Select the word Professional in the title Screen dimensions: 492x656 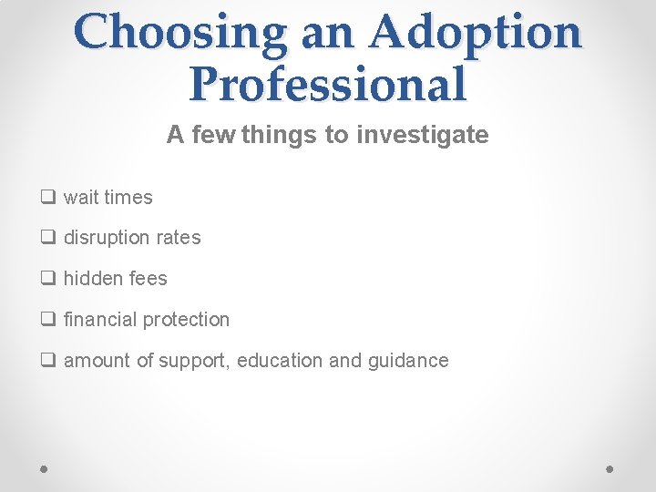click(328, 84)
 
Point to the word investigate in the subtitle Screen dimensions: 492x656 click(423, 136)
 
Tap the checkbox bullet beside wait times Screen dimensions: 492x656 click(46, 197)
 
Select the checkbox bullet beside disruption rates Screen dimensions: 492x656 click(46, 238)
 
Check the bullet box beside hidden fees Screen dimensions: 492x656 click(46, 279)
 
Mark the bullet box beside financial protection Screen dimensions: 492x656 click(46, 320)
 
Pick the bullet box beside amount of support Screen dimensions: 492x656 click(46, 361)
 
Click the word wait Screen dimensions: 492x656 click(81, 197)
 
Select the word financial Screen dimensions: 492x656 click(97, 320)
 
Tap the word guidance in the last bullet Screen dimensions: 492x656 click(408, 361)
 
